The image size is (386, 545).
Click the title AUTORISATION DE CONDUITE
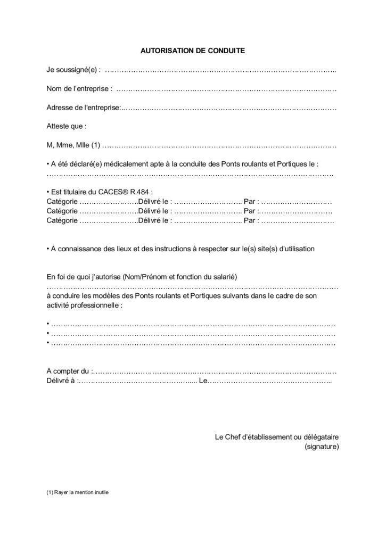point(192,52)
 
